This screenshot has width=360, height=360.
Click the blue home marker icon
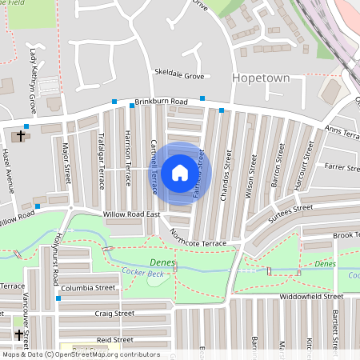[x=180, y=173]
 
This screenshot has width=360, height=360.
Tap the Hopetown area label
[x=260, y=78]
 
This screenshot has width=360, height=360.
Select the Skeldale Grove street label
[x=180, y=75]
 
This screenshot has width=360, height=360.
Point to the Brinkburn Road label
[x=161, y=102]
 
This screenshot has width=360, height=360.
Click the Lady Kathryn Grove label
[x=34, y=80]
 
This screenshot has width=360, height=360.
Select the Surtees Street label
[x=290, y=209]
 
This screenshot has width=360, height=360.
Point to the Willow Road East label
[x=132, y=215]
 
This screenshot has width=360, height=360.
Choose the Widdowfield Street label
[x=306, y=296]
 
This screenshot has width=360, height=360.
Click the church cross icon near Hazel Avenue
[x=21, y=135]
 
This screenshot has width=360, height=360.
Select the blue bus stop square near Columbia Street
[x=58, y=298]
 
